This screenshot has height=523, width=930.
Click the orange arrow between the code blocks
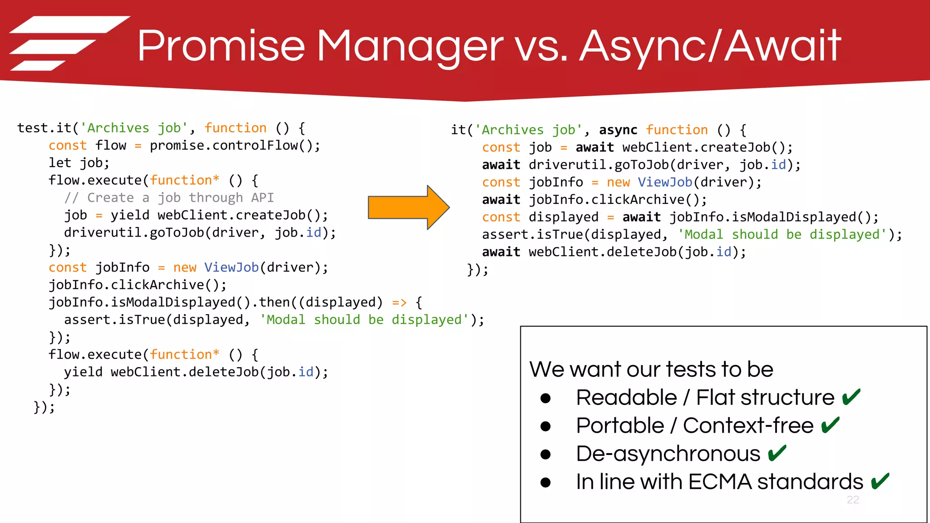[x=408, y=207]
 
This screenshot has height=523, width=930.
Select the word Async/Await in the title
[x=710, y=46]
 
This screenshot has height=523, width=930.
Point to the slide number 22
[x=853, y=500]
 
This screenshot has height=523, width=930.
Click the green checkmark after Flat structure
[x=851, y=397]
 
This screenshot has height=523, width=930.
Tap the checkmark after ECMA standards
[x=880, y=482]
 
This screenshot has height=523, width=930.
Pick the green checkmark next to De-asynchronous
[x=777, y=454]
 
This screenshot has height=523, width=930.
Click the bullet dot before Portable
[x=545, y=426]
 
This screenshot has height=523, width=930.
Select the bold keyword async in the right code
[x=618, y=130]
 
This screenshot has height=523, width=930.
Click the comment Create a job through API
[x=169, y=198]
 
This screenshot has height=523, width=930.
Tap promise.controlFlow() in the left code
[x=235, y=146]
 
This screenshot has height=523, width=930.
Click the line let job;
[x=79, y=163]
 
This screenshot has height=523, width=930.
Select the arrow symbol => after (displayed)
[x=399, y=302]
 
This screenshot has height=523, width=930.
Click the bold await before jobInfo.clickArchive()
[x=501, y=200]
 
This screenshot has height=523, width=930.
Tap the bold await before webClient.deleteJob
[x=501, y=252]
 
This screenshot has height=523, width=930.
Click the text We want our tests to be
[x=651, y=369]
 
